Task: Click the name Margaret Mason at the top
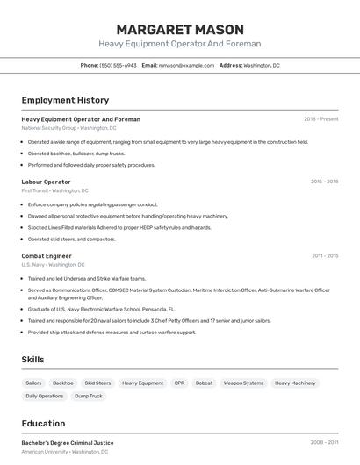coord(179,29)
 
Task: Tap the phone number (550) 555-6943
coord(118,65)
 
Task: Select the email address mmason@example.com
coord(185,65)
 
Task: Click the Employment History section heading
coord(65,100)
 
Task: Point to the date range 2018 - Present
coord(320,118)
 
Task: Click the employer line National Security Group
coord(68,128)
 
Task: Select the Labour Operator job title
coord(46,182)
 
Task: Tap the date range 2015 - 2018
coord(324,182)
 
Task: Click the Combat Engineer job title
coord(47,255)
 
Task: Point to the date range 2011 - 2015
coord(324,255)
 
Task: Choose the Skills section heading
coord(32,359)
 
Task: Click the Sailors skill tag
coord(33,383)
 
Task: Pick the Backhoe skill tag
coord(63,383)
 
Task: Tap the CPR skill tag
coord(179,383)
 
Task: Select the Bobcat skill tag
coord(204,383)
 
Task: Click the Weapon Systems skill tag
coord(243,383)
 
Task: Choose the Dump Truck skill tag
coord(89,396)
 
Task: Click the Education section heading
coord(43,423)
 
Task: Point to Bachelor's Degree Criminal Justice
coord(68,442)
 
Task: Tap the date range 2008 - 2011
coord(324,442)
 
